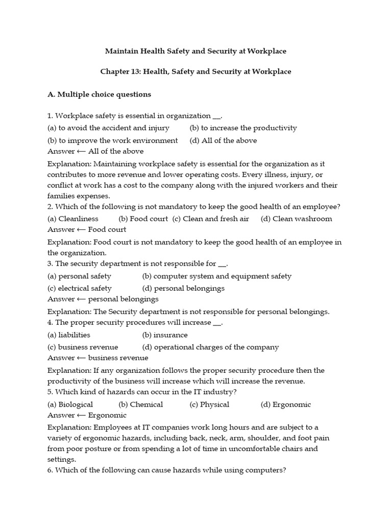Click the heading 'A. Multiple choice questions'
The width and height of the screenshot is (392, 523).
99,94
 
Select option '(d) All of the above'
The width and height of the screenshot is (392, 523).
223,140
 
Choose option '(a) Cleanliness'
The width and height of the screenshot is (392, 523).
73,219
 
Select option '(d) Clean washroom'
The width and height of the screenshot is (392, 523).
296,219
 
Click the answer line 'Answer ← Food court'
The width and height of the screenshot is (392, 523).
87,230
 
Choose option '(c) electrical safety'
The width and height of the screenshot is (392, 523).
79,288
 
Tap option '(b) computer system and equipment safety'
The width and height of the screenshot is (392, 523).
216,276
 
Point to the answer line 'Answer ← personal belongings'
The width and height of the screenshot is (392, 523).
103,299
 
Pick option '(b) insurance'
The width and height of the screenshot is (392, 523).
164,335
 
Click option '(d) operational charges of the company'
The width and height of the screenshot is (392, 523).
210,347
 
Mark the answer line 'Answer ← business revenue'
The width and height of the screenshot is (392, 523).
98,358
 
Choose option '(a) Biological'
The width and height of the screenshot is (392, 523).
70,405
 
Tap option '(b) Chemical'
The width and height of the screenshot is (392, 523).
140,405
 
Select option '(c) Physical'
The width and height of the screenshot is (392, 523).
209,405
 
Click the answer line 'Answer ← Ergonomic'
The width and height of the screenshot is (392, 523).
87,415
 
